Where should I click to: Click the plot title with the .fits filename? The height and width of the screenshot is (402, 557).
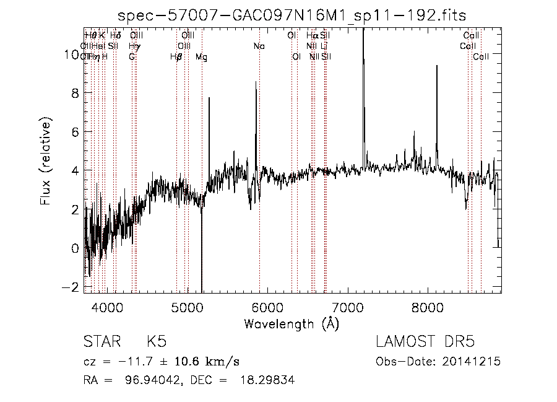[293, 15]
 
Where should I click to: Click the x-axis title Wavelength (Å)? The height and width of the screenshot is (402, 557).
[291, 323]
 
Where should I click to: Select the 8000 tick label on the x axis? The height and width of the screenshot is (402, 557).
[428, 307]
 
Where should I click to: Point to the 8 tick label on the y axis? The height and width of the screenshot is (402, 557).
[76, 94]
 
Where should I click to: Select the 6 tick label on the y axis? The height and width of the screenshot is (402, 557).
[76, 132]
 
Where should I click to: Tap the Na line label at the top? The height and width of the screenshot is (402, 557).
[259, 46]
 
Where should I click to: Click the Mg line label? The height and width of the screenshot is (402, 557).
[201, 57]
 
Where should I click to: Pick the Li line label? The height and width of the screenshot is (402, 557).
[324, 46]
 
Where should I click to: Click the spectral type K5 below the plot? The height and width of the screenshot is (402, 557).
[156, 342]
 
